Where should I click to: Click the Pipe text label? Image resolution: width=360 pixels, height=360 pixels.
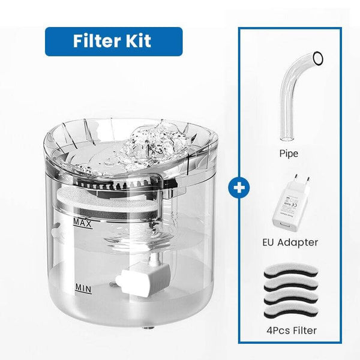(x=288, y=154)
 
